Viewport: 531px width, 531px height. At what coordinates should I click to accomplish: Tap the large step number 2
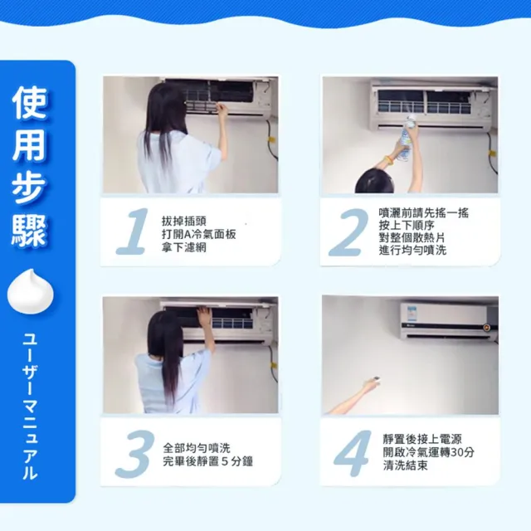coord(348,232)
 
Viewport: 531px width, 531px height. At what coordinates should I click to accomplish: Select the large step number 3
coord(134,454)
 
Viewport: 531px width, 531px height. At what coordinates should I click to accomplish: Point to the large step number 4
coord(353,454)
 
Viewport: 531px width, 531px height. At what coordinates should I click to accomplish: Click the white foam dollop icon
coord(31,291)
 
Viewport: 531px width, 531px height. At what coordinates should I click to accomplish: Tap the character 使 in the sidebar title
coord(29,103)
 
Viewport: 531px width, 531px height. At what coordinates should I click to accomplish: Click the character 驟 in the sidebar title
coord(29,231)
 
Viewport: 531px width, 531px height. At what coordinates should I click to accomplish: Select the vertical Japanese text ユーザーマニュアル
coord(30,407)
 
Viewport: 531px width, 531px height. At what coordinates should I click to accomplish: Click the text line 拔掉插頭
coord(184,222)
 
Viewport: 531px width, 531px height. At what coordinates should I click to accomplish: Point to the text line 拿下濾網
coord(184,247)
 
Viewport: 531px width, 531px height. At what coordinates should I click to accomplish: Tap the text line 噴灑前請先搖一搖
coord(424,212)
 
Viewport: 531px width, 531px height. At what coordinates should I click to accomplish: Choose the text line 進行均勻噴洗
coord(412,251)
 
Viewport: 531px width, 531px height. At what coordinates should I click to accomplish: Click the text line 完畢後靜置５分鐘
coord(208,461)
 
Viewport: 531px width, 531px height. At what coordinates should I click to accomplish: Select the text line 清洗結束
coord(406,465)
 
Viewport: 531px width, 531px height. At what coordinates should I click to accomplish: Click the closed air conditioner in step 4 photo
coord(449,321)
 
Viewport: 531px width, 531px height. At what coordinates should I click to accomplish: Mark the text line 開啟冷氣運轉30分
coord(429,452)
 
